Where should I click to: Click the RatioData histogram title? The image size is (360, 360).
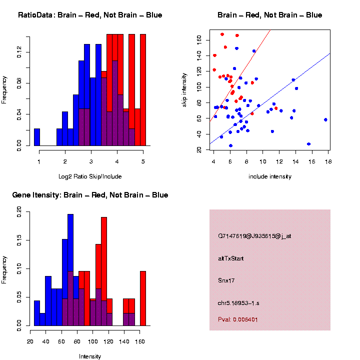pos(90,15)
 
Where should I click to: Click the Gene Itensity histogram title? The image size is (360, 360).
pos(90,195)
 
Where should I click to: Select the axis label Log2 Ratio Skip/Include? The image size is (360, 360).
pos(90,176)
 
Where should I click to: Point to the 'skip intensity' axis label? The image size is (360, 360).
pos(184,89)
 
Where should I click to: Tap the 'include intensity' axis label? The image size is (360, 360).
pos(270,176)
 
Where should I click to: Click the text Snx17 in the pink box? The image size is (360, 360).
pos(226,280)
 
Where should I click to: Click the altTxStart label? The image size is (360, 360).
pos(231,258)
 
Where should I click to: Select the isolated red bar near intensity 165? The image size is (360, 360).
pos(143,298)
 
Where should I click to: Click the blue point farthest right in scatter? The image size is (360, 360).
pos(325,120)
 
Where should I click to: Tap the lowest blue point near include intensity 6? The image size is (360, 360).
pos(230,145)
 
